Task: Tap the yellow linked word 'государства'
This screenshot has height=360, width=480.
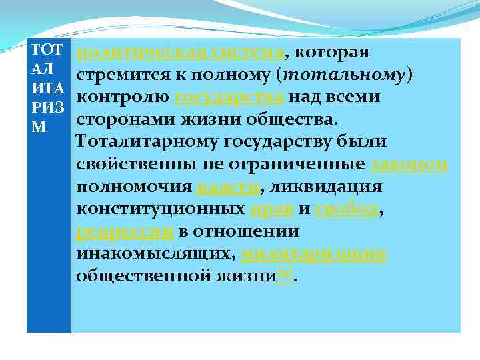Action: click(x=230, y=97)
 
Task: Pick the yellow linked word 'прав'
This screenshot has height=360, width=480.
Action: click(x=271, y=209)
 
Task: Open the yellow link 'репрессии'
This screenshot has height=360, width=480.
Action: click(x=125, y=231)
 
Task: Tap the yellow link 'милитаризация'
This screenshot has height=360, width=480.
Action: click(x=314, y=253)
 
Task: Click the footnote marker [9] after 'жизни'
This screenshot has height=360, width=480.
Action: click(x=285, y=273)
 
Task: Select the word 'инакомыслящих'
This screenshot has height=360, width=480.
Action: click(x=155, y=253)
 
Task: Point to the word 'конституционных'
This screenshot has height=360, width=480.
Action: click(x=160, y=209)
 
